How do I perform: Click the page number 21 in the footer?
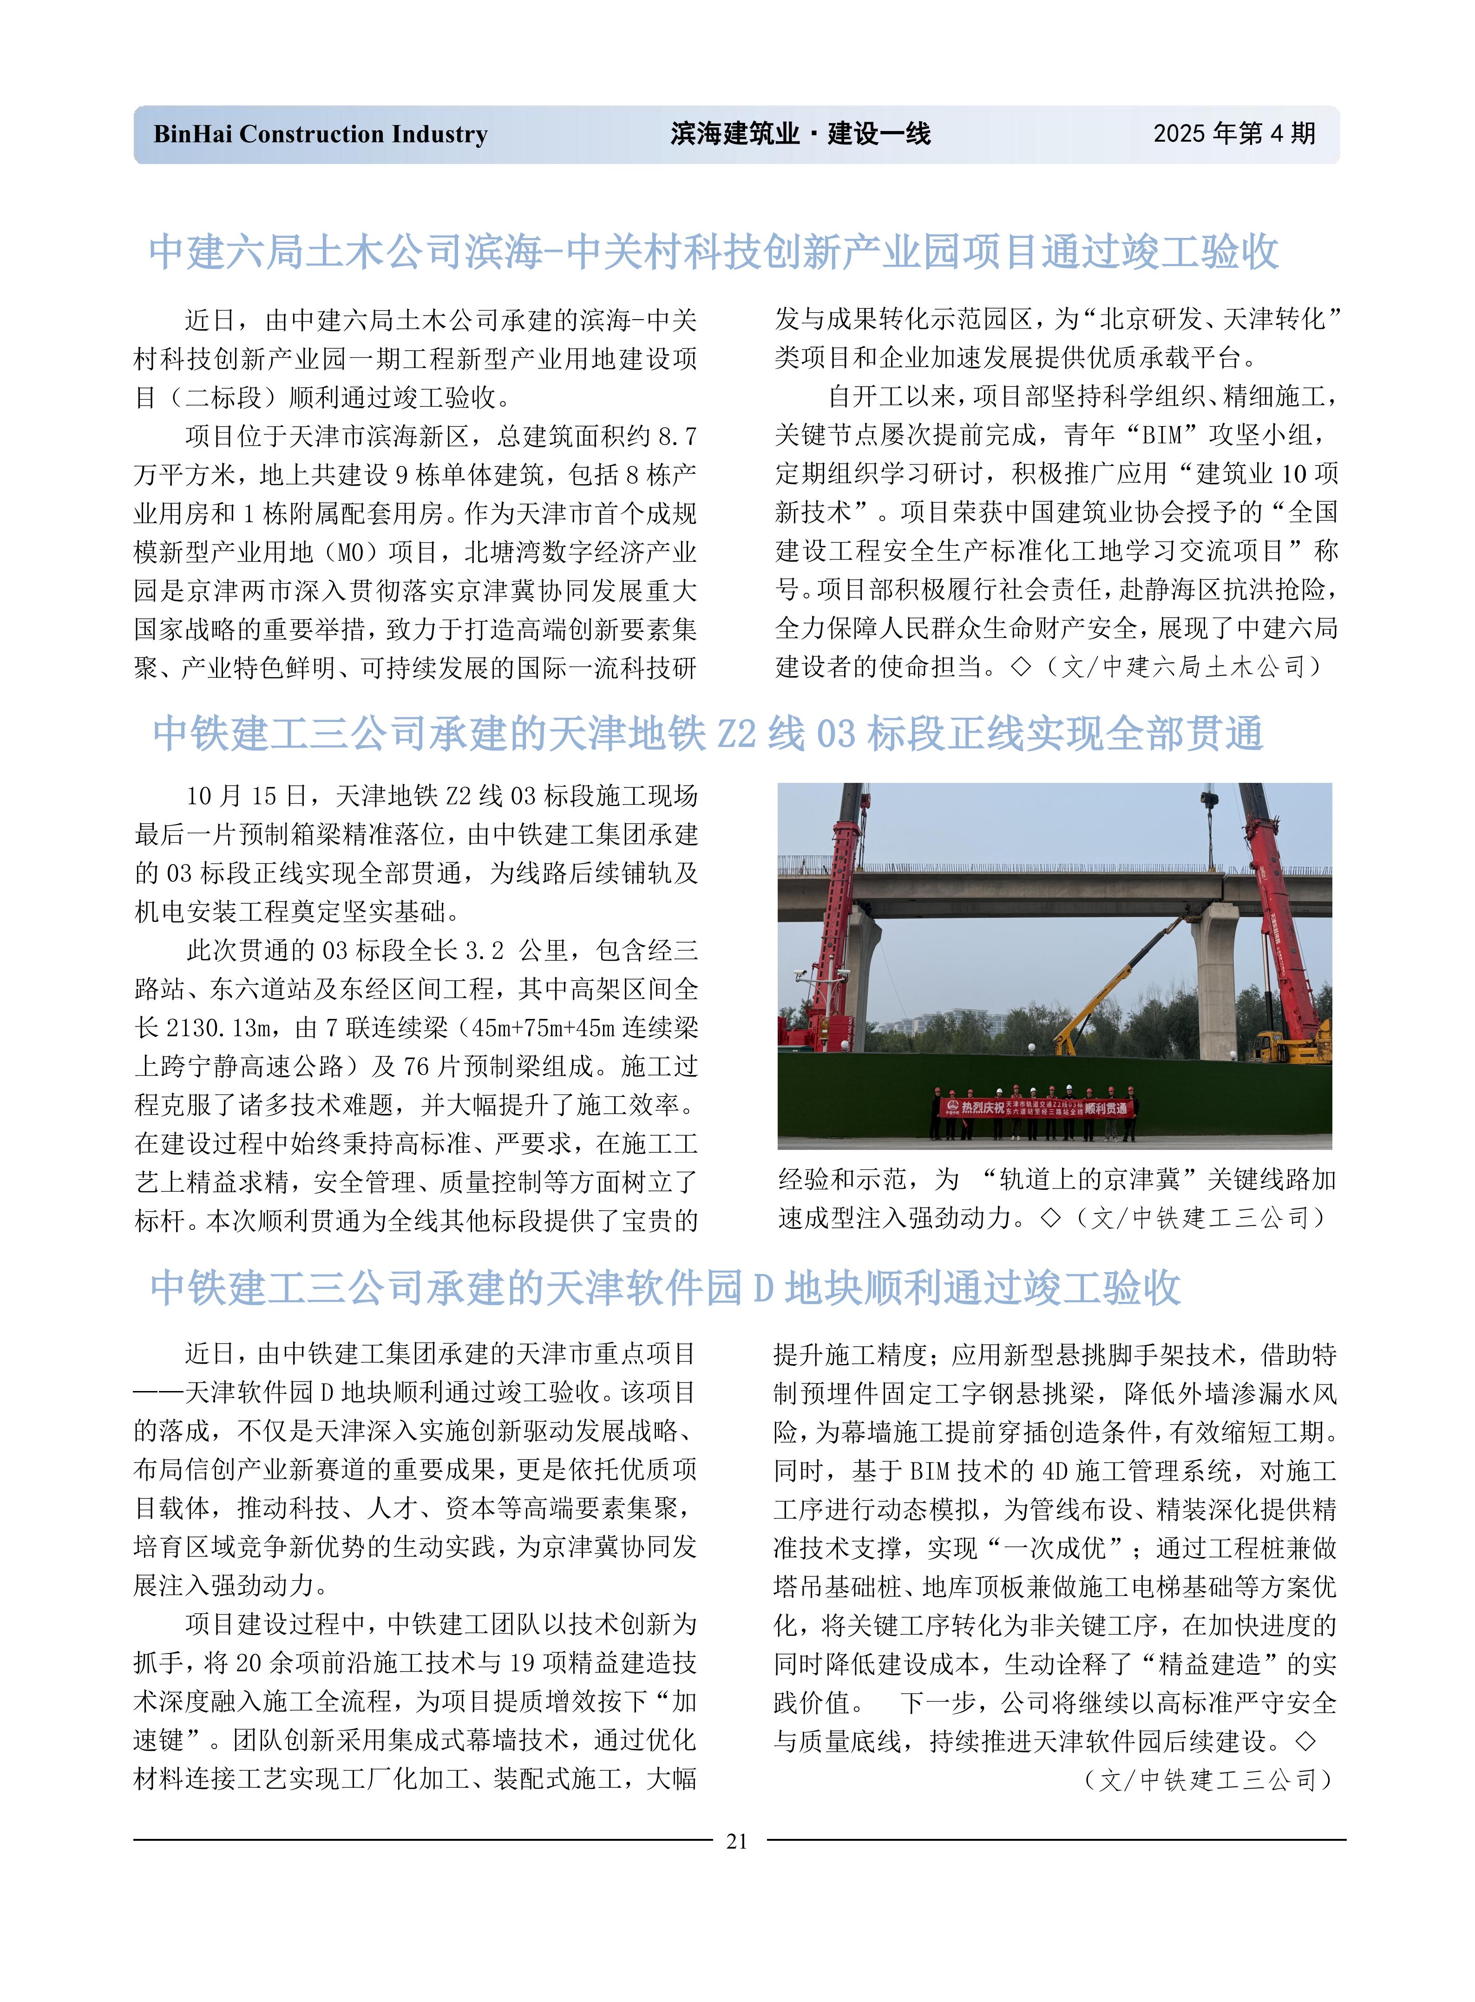[737, 1840]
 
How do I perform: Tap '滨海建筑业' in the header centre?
[735, 134]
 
